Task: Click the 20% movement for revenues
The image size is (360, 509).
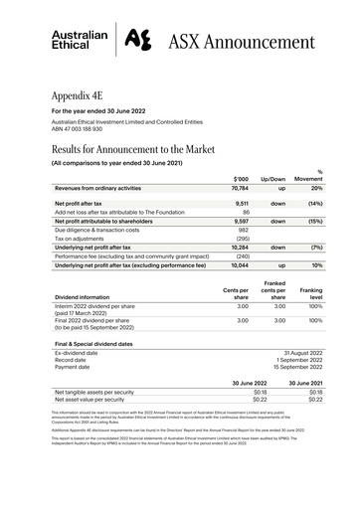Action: [x=316, y=187]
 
